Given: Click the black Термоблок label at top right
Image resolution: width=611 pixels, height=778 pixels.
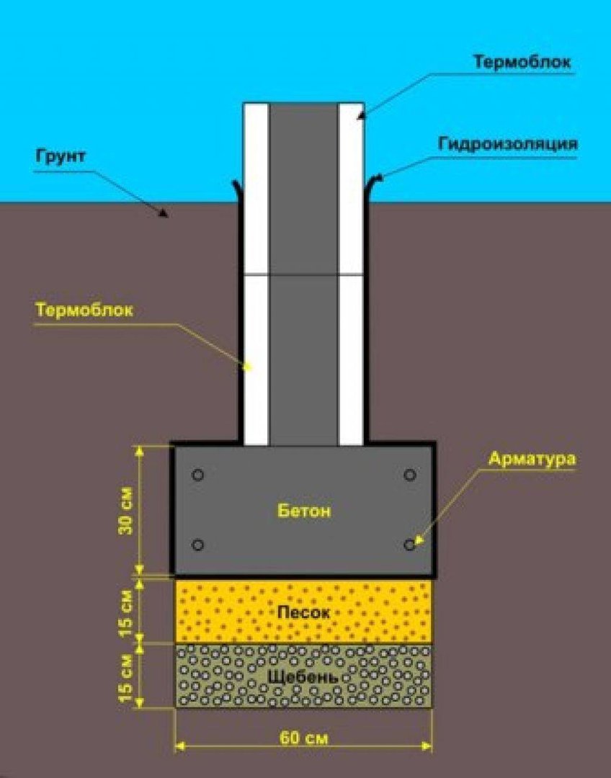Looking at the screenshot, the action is click(522, 63).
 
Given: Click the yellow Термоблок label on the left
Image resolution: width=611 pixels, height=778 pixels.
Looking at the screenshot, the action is click(84, 310).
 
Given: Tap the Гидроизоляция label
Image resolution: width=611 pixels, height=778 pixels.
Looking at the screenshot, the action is click(508, 144).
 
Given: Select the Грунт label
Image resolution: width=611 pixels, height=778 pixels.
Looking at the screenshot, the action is click(61, 156).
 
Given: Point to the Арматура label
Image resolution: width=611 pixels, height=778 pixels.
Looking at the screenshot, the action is click(532, 458).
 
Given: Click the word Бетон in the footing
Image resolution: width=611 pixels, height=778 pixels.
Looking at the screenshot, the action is click(303, 511).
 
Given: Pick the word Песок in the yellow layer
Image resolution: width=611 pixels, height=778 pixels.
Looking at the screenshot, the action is click(303, 612).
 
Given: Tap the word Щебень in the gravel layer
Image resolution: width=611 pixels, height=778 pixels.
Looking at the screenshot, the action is click(303, 676).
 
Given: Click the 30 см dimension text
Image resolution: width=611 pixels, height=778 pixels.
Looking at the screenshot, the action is click(127, 511).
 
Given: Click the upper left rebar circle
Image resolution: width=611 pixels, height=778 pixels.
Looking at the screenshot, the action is click(197, 475).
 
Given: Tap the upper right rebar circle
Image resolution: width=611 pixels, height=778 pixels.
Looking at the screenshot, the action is click(409, 475).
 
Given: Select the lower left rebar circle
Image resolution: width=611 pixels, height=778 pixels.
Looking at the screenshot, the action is click(197, 545).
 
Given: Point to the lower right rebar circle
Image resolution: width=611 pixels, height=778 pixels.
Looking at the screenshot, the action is click(409, 545).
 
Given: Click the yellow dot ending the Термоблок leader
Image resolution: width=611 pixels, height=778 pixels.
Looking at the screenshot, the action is click(247, 367).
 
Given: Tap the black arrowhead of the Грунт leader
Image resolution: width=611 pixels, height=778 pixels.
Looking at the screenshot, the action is click(164, 213).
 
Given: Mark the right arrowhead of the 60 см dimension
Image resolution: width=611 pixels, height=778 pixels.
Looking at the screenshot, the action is click(427, 746).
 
